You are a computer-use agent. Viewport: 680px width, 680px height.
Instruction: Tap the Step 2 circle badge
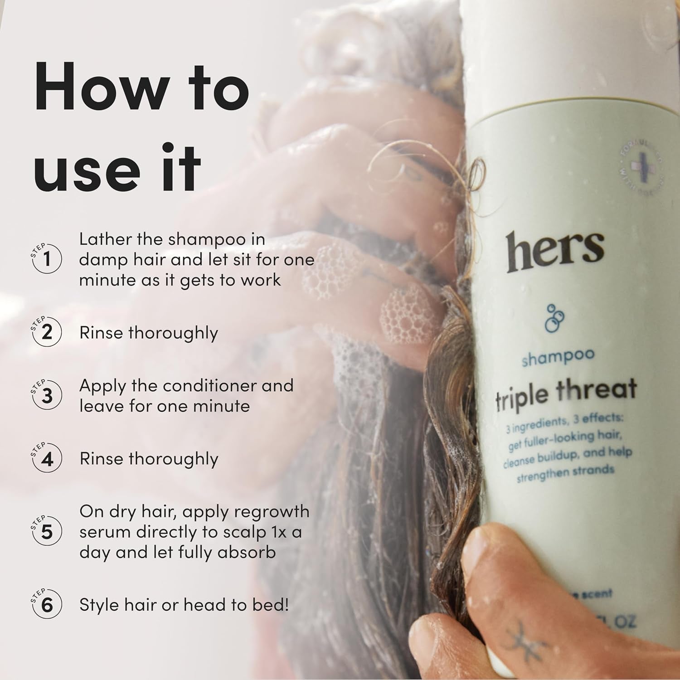click(x=47, y=332)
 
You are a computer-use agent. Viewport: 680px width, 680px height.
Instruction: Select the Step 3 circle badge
click(x=47, y=395)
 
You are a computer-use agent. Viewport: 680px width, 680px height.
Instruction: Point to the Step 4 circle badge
click(x=47, y=459)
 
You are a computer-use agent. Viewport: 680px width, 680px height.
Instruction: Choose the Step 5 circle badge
click(x=47, y=532)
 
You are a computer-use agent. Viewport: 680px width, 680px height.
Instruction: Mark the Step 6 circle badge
click(x=47, y=605)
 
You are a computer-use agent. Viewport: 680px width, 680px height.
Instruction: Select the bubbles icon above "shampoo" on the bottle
click(x=554, y=318)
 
